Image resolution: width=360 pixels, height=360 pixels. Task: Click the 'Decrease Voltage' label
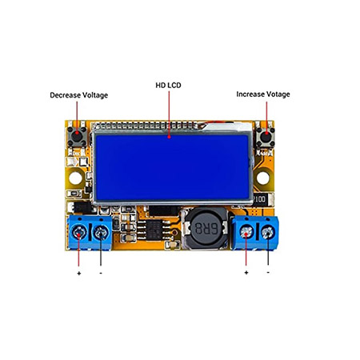click(79, 95)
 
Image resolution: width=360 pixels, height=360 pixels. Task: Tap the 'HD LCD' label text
click(168, 86)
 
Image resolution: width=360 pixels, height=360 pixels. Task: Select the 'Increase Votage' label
click(263, 94)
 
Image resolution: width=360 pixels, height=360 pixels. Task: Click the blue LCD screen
click(172, 167)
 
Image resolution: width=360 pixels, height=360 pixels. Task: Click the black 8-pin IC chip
click(154, 230)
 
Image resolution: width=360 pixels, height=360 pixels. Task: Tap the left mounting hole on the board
click(75, 178)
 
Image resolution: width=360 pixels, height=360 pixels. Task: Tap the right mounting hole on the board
click(263, 178)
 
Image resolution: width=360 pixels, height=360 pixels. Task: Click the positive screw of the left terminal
click(78, 233)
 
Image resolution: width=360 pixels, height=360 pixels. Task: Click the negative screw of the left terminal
click(101, 233)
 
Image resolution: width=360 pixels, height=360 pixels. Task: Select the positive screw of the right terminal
click(246, 232)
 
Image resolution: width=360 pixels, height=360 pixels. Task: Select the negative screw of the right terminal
click(268, 232)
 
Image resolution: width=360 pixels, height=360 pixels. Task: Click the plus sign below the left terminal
click(79, 274)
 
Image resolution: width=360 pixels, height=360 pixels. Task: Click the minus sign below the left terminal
click(101, 273)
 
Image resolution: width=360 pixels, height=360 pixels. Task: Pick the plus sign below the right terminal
click(246, 273)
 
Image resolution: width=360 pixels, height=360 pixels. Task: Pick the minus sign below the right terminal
click(268, 272)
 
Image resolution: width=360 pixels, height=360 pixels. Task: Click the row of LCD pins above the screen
click(146, 126)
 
